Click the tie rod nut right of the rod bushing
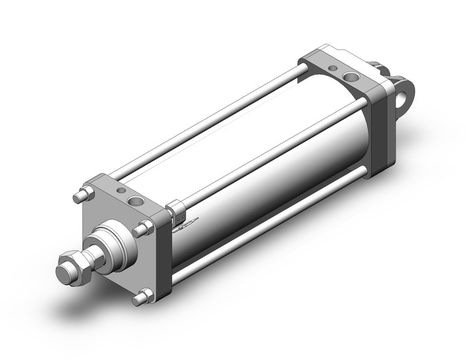click(x=145, y=230)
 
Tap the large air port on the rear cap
click(x=351, y=77)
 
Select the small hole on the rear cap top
click(x=333, y=67)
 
